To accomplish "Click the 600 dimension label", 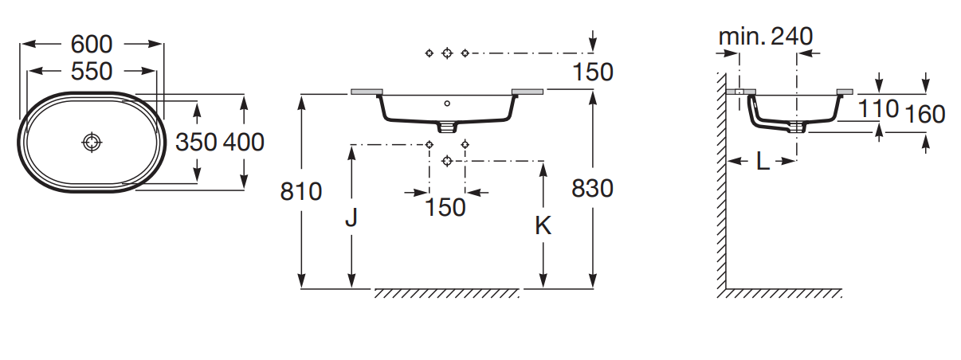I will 92,44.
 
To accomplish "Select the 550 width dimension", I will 92,72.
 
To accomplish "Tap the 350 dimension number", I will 196,142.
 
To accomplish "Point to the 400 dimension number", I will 244,142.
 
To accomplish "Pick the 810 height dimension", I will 301,191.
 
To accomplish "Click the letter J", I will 351,218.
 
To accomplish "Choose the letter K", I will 543,225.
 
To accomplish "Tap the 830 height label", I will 593,189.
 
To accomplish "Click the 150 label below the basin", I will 445,208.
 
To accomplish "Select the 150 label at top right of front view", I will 593,72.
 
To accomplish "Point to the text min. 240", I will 765,36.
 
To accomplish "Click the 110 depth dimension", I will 879,108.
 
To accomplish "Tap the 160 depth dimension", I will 925,115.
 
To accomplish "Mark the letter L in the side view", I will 763,162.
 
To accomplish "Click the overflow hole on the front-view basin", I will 447,103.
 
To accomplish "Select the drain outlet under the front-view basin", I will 447,126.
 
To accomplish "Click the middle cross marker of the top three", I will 447,53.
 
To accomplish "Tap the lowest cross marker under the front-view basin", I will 447,161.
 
